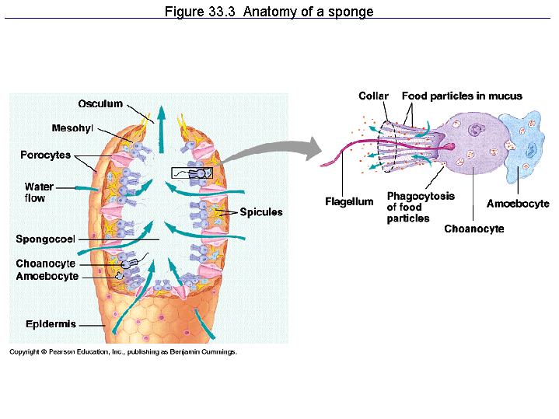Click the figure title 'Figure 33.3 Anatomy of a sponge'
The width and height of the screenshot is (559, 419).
click(x=269, y=12)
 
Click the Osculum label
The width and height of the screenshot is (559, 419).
click(x=100, y=104)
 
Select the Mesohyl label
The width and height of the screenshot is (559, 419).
click(x=72, y=127)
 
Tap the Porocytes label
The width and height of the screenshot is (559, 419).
click(x=45, y=155)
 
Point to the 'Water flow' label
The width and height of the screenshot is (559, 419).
click(x=39, y=192)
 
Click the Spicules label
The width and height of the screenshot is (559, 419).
click(x=261, y=211)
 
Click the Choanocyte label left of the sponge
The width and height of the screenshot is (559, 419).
click(x=46, y=264)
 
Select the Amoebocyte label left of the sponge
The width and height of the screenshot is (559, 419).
click(x=47, y=276)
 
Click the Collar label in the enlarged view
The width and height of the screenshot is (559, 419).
click(x=373, y=96)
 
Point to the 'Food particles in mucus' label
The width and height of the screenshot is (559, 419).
click(x=462, y=96)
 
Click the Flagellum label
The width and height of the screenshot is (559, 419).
click(x=349, y=202)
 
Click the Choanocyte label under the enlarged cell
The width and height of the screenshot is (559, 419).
click(x=474, y=229)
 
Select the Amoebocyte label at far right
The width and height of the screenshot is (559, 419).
click(x=518, y=204)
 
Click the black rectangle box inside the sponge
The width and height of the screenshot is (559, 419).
click(x=191, y=172)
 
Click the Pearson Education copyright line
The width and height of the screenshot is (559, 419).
click(x=123, y=351)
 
